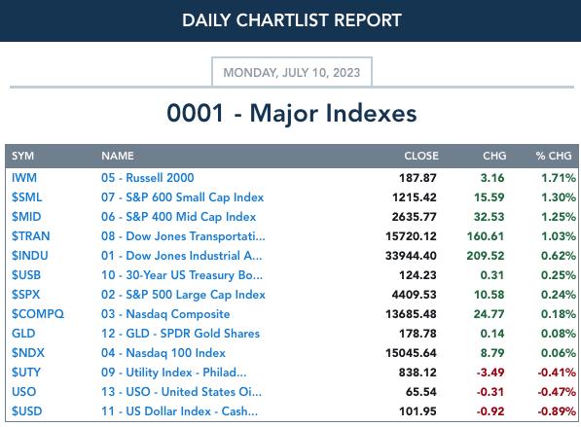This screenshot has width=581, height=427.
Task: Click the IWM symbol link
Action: tap(24, 178)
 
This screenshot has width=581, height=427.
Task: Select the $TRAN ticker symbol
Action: tap(30, 236)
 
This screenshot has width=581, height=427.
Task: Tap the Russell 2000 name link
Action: tap(148, 178)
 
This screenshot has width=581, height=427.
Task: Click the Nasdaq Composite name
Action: tap(165, 314)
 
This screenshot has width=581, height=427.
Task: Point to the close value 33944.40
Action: tap(411, 256)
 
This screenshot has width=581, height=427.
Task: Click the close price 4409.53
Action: tap(414, 295)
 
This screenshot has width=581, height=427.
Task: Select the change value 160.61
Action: tap(486, 236)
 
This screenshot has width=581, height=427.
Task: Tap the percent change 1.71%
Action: tap(559, 178)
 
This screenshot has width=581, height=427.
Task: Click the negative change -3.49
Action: tap(490, 373)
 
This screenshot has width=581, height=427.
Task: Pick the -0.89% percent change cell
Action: tap(557, 411)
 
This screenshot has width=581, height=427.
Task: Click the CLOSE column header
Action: tap(421, 156)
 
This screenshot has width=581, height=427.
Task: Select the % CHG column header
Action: tap(554, 156)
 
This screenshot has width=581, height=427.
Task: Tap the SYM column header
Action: tap(22, 156)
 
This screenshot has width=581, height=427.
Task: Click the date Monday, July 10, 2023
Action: tap(292, 72)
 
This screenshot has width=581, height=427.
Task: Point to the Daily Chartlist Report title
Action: tap(292, 20)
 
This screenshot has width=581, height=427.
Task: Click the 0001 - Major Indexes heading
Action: tap(292, 113)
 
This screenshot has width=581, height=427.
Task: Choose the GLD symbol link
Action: tap(23, 334)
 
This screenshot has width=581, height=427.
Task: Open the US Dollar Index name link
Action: tap(179, 411)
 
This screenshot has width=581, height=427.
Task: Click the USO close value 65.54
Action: tap(421, 392)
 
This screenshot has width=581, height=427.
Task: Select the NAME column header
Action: tap(118, 156)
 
